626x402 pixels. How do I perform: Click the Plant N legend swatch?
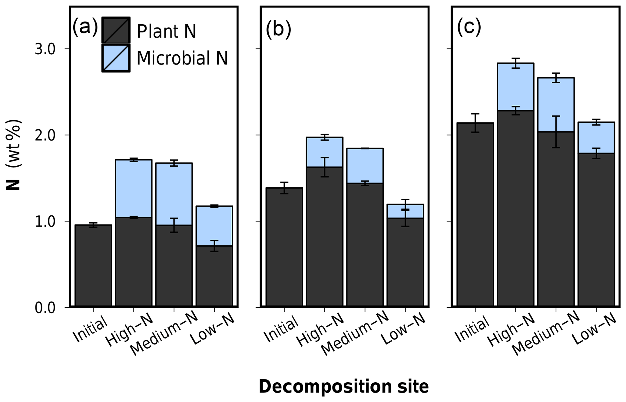pos(116,30)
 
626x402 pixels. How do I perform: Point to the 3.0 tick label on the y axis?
pos(45,49)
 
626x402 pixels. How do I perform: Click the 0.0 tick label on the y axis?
pos(45,308)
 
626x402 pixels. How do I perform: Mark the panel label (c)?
pos(469,28)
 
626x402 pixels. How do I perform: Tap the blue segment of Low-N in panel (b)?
pos(405,211)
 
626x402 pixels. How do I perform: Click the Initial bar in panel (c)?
pos(475,215)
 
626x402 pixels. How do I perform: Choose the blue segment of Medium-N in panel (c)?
pos(556,105)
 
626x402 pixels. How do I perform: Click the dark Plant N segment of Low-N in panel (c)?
pos(596,230)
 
